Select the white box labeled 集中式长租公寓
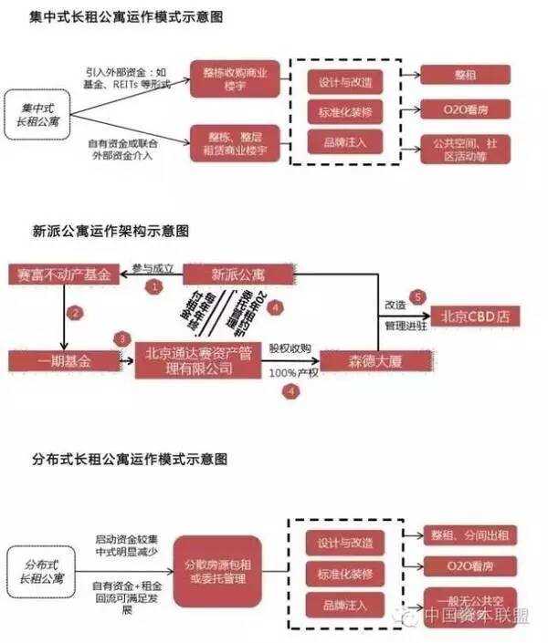(x=38, y=113)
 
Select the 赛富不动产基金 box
(x=61, y=274)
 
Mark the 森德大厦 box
(x=362, y=360)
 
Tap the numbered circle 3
(x=122, y=338)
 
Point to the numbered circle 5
(x=418, y=296)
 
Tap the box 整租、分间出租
(x=468, y=535)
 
